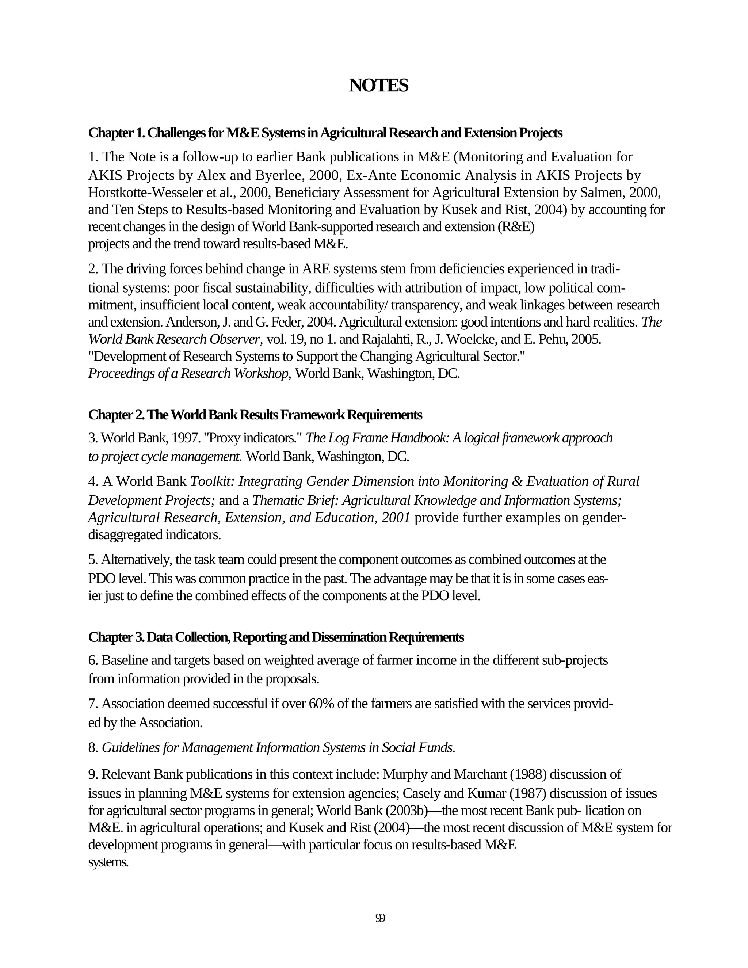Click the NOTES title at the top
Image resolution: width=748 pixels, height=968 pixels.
378,85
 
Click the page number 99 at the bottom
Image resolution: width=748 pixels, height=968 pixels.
380,918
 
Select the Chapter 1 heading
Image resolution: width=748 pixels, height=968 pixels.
325,133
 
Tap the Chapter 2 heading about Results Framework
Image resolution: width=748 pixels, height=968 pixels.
255,415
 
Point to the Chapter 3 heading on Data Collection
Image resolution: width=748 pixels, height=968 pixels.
276,637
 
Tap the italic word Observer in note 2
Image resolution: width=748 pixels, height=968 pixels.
235,339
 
